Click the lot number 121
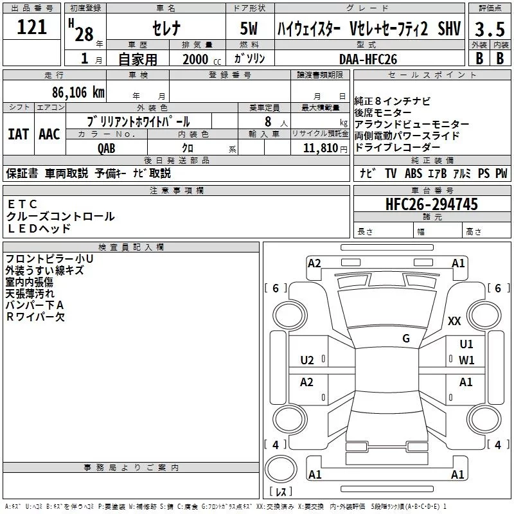[x=31, y=27]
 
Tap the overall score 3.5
[x=490, y=29]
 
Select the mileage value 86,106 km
[x=78, y=93]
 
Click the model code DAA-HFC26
[x=368, y=59]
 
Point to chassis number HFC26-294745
[x=432, y=204]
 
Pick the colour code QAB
[x=106, y=148]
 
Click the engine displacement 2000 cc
[x=202, y=59]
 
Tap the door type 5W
[x=249, y=28]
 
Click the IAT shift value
[x=19, y=134]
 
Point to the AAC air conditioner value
[x=49, y=134]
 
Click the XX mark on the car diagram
[x=454, y=321]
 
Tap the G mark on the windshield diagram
[x=406, y=339]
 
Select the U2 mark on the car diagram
[x=307, y=360]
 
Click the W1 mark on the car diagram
[x=466, y=360]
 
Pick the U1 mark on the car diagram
[x=466, y=344]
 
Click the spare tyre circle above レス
[x=281, y=469]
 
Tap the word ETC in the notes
[x=22, y=204]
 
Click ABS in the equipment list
[x=413, y=173]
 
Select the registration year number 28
[x=84, y=35]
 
